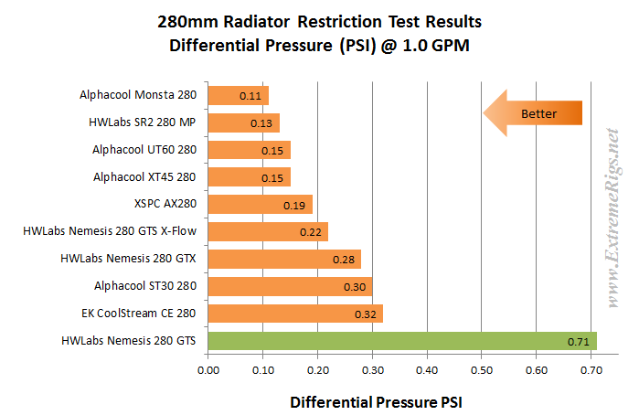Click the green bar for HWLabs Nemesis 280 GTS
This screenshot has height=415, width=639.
(402, 341)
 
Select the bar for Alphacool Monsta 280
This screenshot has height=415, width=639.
(239, 95)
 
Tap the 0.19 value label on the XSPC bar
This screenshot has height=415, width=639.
(294, 206)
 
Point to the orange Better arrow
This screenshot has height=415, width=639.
(533, 113)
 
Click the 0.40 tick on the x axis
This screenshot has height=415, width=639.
(427, 370)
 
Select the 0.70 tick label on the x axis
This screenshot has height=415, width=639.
(591, 370)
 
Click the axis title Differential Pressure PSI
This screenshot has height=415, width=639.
(376, 402)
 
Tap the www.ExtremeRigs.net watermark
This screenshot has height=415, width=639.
(612, 218)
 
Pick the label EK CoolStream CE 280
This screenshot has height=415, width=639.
(139, 314)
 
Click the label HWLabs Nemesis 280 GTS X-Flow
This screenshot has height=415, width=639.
(110, 231)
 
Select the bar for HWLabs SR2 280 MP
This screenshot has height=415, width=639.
(244, 122)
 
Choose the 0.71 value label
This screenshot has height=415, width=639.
(579, 342)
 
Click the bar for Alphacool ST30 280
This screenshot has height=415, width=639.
(290, 287)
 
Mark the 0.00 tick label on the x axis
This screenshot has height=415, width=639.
(208, 370)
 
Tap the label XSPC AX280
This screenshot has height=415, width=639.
(165, 204)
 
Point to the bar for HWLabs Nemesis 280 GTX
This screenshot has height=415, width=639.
(284, 260)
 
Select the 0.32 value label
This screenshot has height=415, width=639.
(366, 314)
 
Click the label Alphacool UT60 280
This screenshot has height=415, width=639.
(144, 150)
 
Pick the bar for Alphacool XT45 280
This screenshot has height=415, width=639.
(250, 177)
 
